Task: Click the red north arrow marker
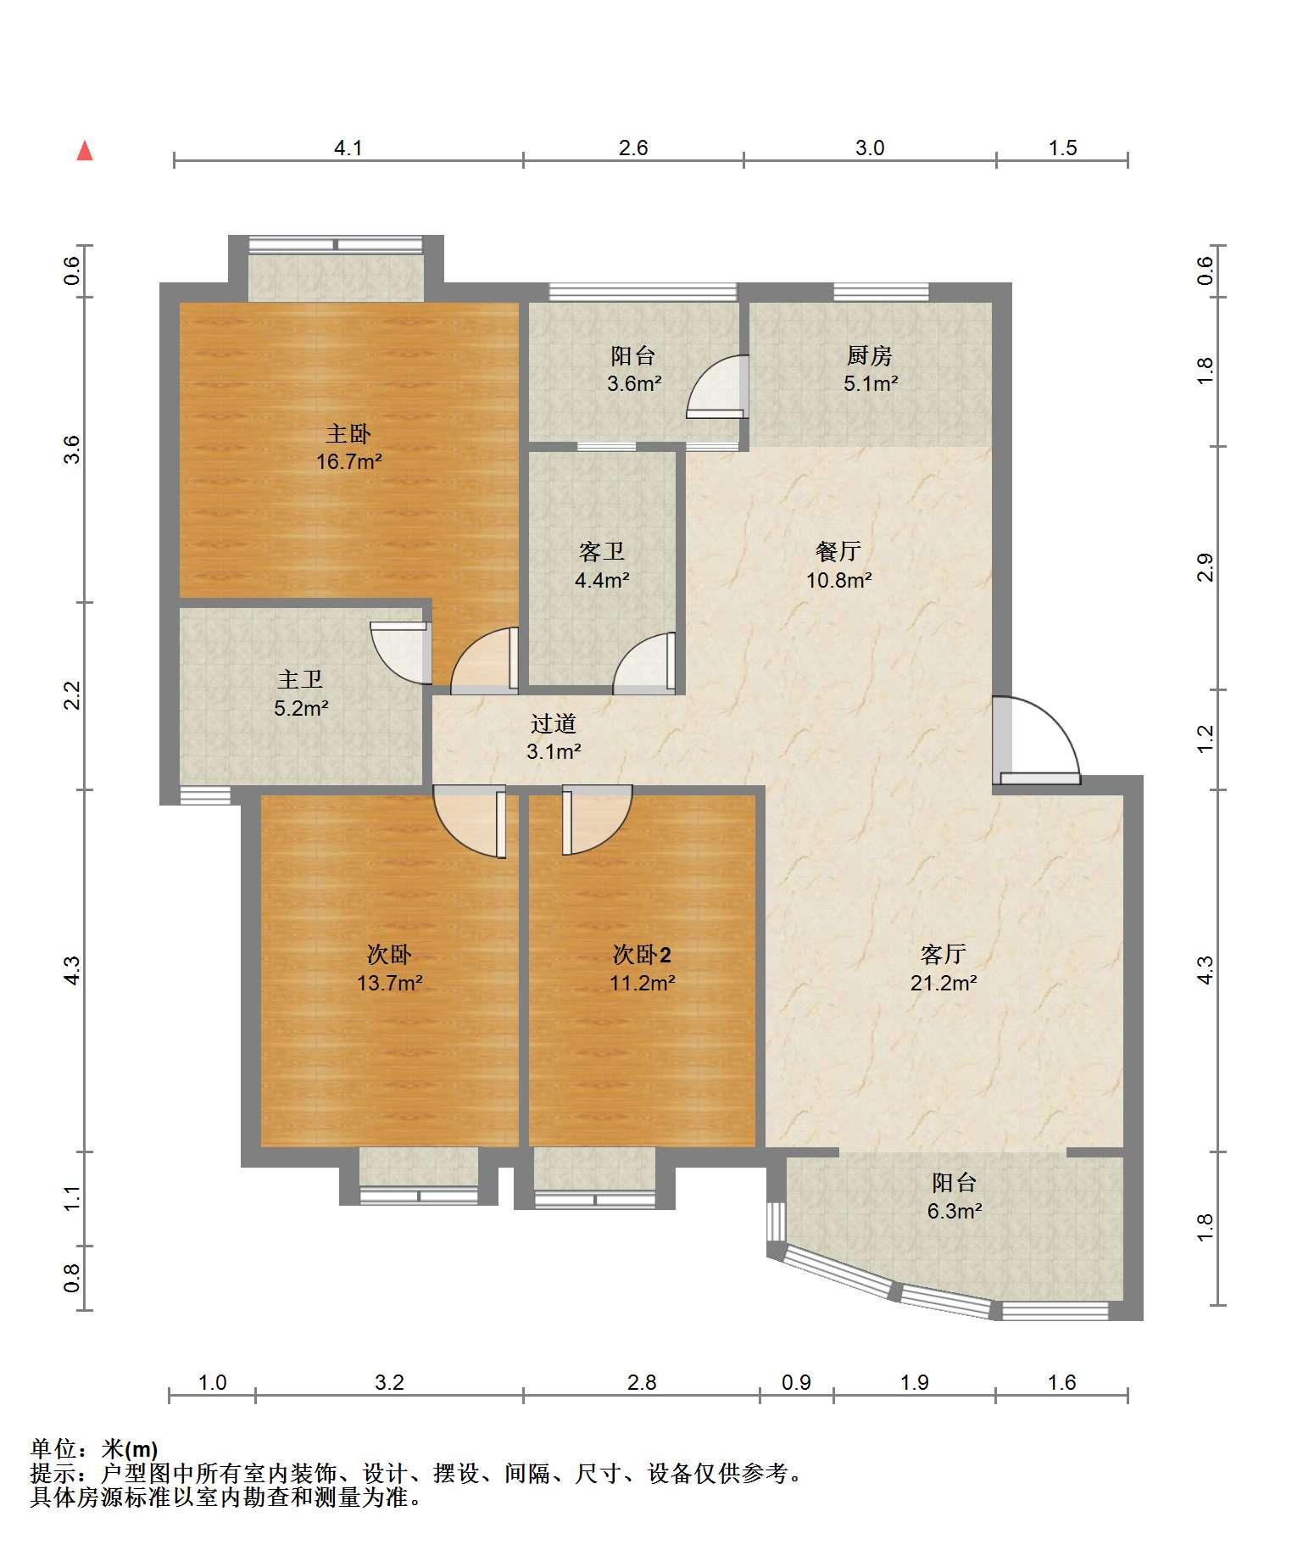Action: [x=85, y=151]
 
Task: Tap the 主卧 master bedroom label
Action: [x=348, y=434]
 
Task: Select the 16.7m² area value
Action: [x=348, y=462]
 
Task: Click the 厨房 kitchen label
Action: [x=870, y=356]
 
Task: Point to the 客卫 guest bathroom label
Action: [x=602, y=552]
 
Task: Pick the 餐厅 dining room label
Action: [x=838, y=552]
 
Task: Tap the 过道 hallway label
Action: [x=554, y=723]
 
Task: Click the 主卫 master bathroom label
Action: [x=301, y=679]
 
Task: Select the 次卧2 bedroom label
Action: [x=642, y=955]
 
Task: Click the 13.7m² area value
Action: [x=390, y=984]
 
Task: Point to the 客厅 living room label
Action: [x=943, y=955]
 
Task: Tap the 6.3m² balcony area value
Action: [x=954, y=1211]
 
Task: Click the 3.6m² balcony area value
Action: [x=633, y=383]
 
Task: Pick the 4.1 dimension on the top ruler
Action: [x=348, y=148]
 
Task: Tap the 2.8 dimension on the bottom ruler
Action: [x=642, y=1383]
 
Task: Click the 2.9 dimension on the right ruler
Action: [x=1206, y=567]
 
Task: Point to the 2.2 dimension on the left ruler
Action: [x=72, y=696]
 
